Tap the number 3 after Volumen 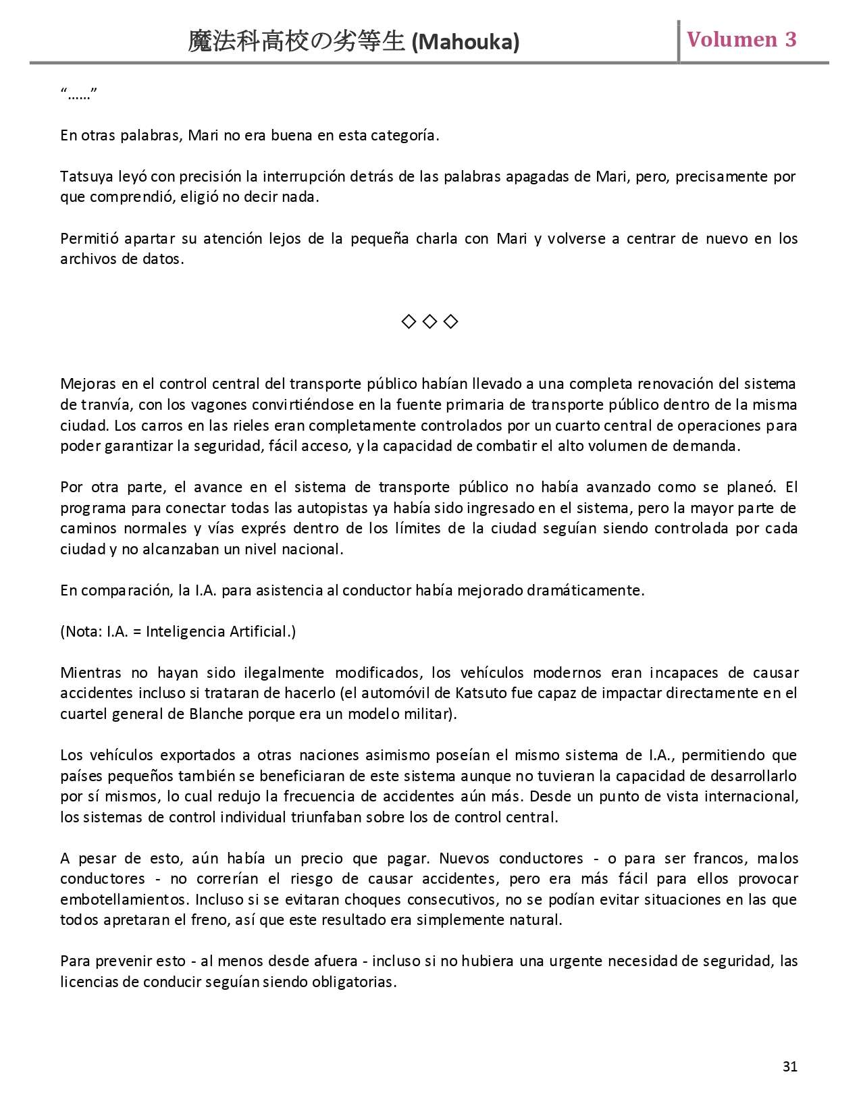coord(790,39)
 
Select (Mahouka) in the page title coord(465,43)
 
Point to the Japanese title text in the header coord(296,42)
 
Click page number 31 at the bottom coord(790,1066)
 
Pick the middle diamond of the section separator coord(429,321)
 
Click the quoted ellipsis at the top coord(79,94)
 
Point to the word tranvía coord(102,405)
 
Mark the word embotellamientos coord(125,899)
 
